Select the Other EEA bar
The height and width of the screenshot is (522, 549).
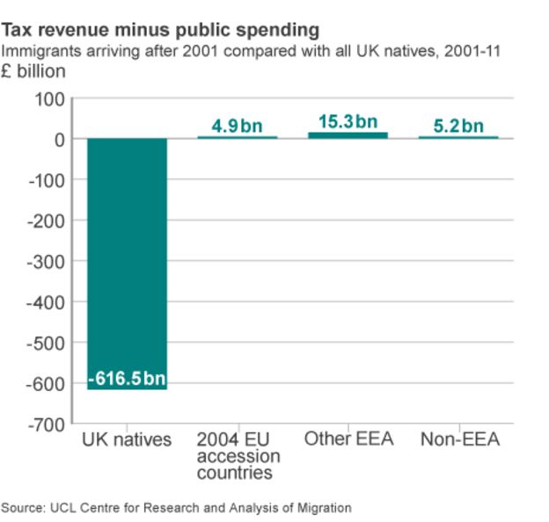(348, 134)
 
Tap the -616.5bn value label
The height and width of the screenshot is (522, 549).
(127, 379)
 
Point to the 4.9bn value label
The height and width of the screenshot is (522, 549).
(237, 126)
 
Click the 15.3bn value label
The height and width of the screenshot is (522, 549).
(348, 120)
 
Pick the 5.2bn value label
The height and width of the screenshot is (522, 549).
(458, 126)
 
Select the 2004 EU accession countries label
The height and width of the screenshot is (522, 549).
(238, 456)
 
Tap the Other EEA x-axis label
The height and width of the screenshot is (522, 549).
(348, 439)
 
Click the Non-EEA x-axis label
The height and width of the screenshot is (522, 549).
(459, 439)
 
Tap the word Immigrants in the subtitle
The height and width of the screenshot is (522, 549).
(40, 51)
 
